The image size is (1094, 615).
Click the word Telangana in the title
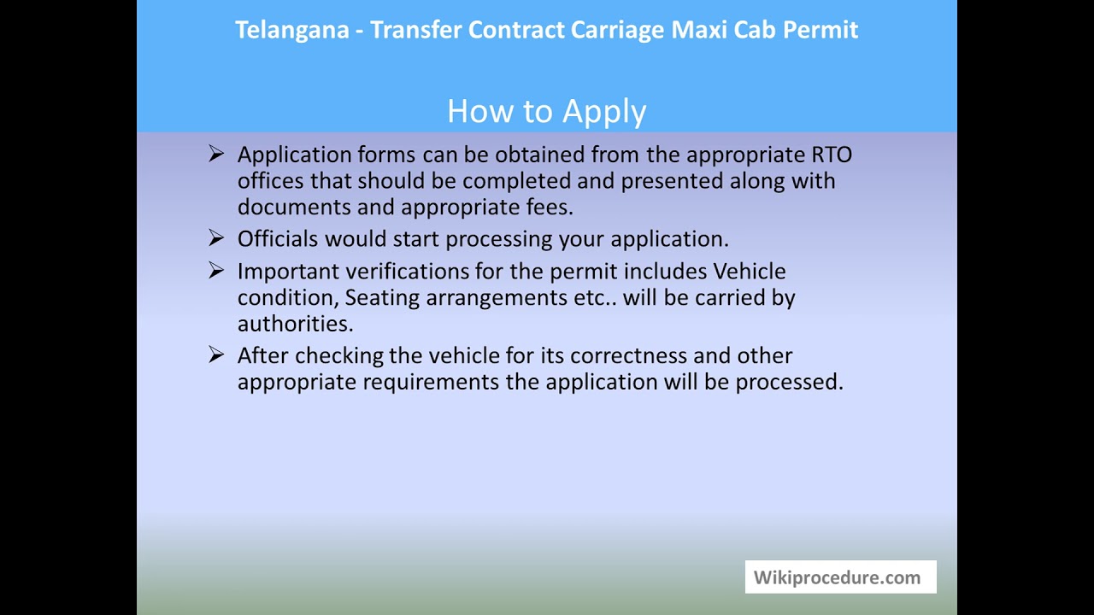[291, 31]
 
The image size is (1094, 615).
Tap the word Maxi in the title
[695, 30]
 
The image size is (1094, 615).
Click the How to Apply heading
[546, 111]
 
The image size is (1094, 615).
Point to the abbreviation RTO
[831, 155]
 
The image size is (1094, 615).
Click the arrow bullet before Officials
[215, 238]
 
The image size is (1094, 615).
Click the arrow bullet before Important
[215, 271]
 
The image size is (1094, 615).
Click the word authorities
[295, 324]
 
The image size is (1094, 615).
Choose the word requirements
[432, 382]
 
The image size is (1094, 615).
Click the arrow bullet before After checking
[215, 354]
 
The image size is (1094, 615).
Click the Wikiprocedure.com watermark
[837, 577]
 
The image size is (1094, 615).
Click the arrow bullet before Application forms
[215, 154]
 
